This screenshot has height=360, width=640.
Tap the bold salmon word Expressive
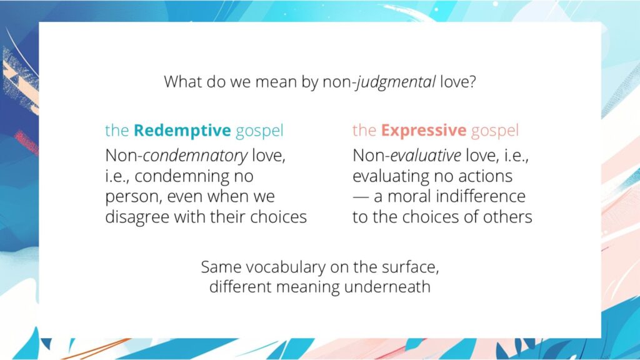(x=424, y=131)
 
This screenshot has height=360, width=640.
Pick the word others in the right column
(x=508, y=217)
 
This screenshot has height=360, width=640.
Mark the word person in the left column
(x=131, y=196)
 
